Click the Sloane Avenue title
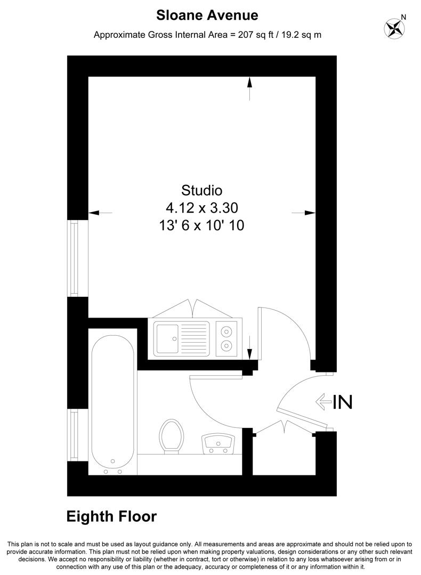pos(207,15)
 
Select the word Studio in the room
pos(201,190)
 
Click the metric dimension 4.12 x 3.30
pos(202,208)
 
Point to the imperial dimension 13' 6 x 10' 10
pos(201,225)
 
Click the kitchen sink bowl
pos(167,338)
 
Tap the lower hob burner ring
pos(226,345)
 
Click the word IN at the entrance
pos(343,402)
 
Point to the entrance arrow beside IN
pos(324,402)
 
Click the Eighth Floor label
pos(111,516)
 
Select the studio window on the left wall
pos(75,258)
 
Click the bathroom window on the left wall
pos(75,435)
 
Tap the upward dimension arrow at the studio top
pos(250,88)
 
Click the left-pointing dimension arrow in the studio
pos(100,213)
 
